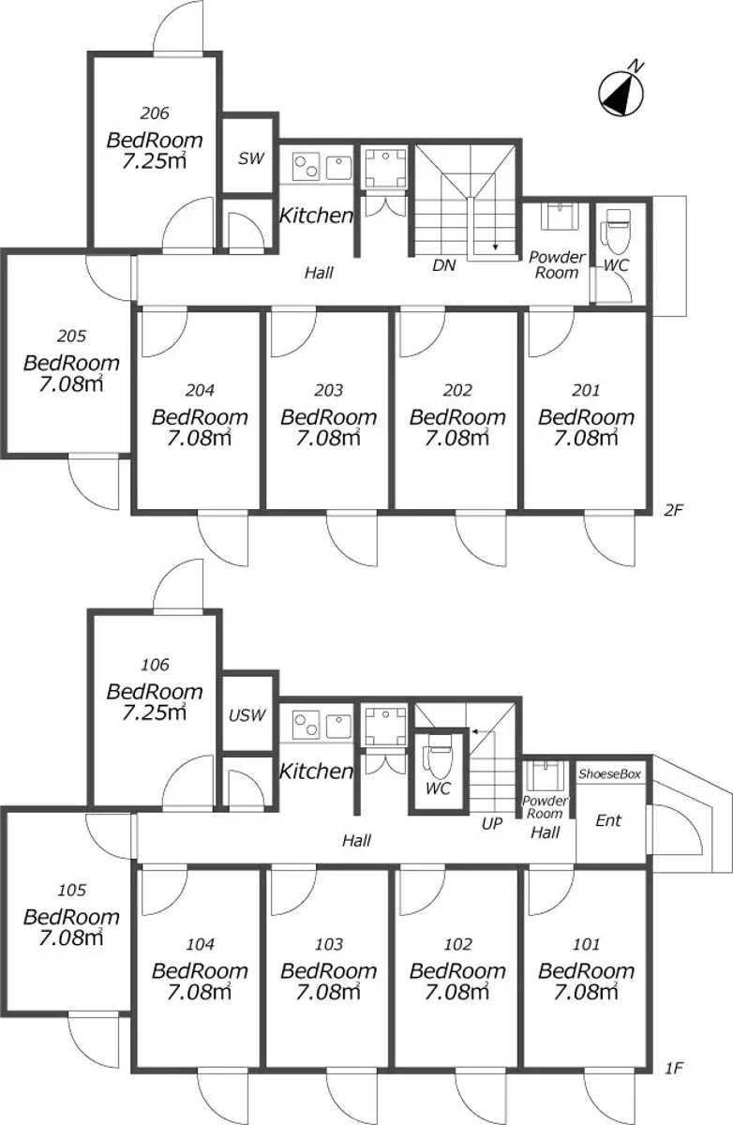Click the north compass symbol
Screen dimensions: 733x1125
(x=621, y=92)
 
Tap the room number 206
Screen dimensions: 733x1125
(x=154, y=113)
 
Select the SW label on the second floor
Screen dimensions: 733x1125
(x=250, y=158)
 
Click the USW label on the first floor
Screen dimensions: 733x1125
(x=247, y=715)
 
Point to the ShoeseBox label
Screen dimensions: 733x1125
(x=609, y=774)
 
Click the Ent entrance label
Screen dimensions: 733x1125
(x=608, y=820)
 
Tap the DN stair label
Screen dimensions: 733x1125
(x=443, y=265)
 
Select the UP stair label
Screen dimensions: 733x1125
(x=491, y=824)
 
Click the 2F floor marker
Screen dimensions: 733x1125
(x=673, y=510)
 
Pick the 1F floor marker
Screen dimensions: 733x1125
(x=674, y=1068)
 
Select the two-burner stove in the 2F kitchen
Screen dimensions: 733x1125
(x=307, y=166)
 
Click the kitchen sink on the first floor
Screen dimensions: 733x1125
(x=338, y=726)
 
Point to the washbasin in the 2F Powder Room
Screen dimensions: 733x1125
(x=560, y=216)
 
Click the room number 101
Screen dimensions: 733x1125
(x=586, y=945)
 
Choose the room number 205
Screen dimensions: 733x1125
(x=71, y=336)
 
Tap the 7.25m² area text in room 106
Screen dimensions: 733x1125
(x=154, y=712)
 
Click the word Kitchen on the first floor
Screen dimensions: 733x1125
(x=316, y=772)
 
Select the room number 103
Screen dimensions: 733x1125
(x=329, y=945)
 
